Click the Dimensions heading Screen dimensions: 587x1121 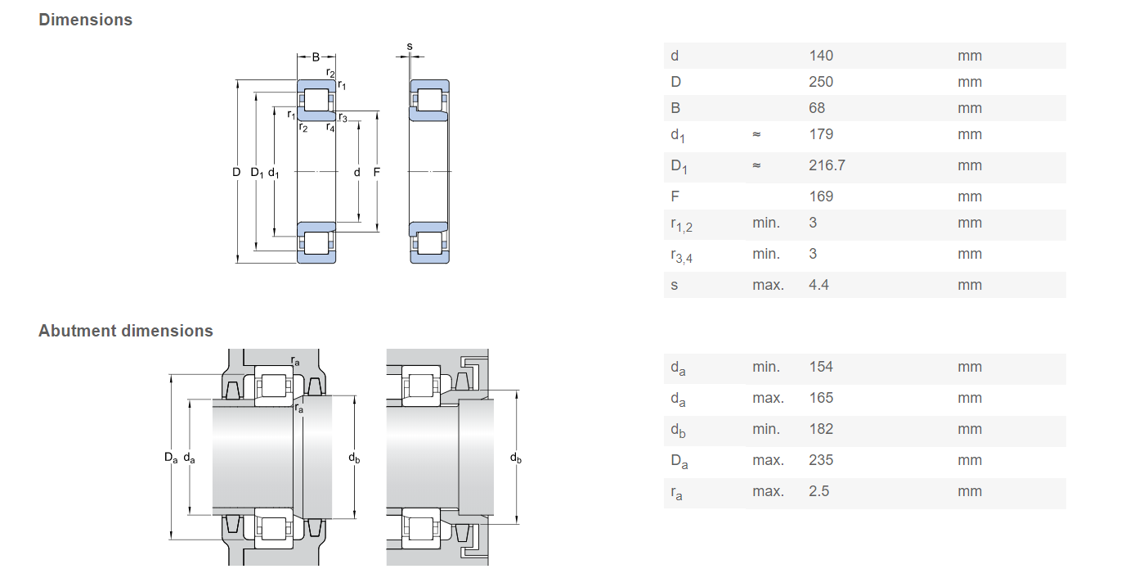click(x=85, y=20)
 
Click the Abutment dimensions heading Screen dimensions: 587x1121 click(x=125, y=331)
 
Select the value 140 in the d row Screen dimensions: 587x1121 click(x=821, y=56)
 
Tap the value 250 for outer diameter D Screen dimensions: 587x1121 click(x=821, y=82)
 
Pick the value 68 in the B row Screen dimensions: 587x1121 click(x=817, y=108)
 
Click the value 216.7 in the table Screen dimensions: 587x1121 click(x=827, y=165)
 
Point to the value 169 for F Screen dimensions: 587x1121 click(x=821, y=196)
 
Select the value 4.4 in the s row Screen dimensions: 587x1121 click(x=818, y=285)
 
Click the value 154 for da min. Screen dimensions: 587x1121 click(x=821, y=367)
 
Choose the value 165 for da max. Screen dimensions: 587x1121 click(x=821, y=398)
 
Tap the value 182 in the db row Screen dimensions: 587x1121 click(x=821, y=429)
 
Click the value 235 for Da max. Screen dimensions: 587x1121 click(x=821, y=460)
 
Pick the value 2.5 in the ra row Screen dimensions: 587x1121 click(x=818, y=491)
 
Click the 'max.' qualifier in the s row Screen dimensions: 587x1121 click(x=768, y=285)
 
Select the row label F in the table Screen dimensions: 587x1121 click(x=675, y=196)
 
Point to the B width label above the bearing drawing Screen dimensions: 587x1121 click(x=316, y=57)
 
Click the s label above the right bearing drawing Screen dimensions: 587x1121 click(x=410, y=47)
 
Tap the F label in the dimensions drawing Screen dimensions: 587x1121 click(x=376, y=172)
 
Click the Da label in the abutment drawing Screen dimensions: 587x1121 click(x=170, y=458)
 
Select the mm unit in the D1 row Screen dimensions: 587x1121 click(x=970, y=165)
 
